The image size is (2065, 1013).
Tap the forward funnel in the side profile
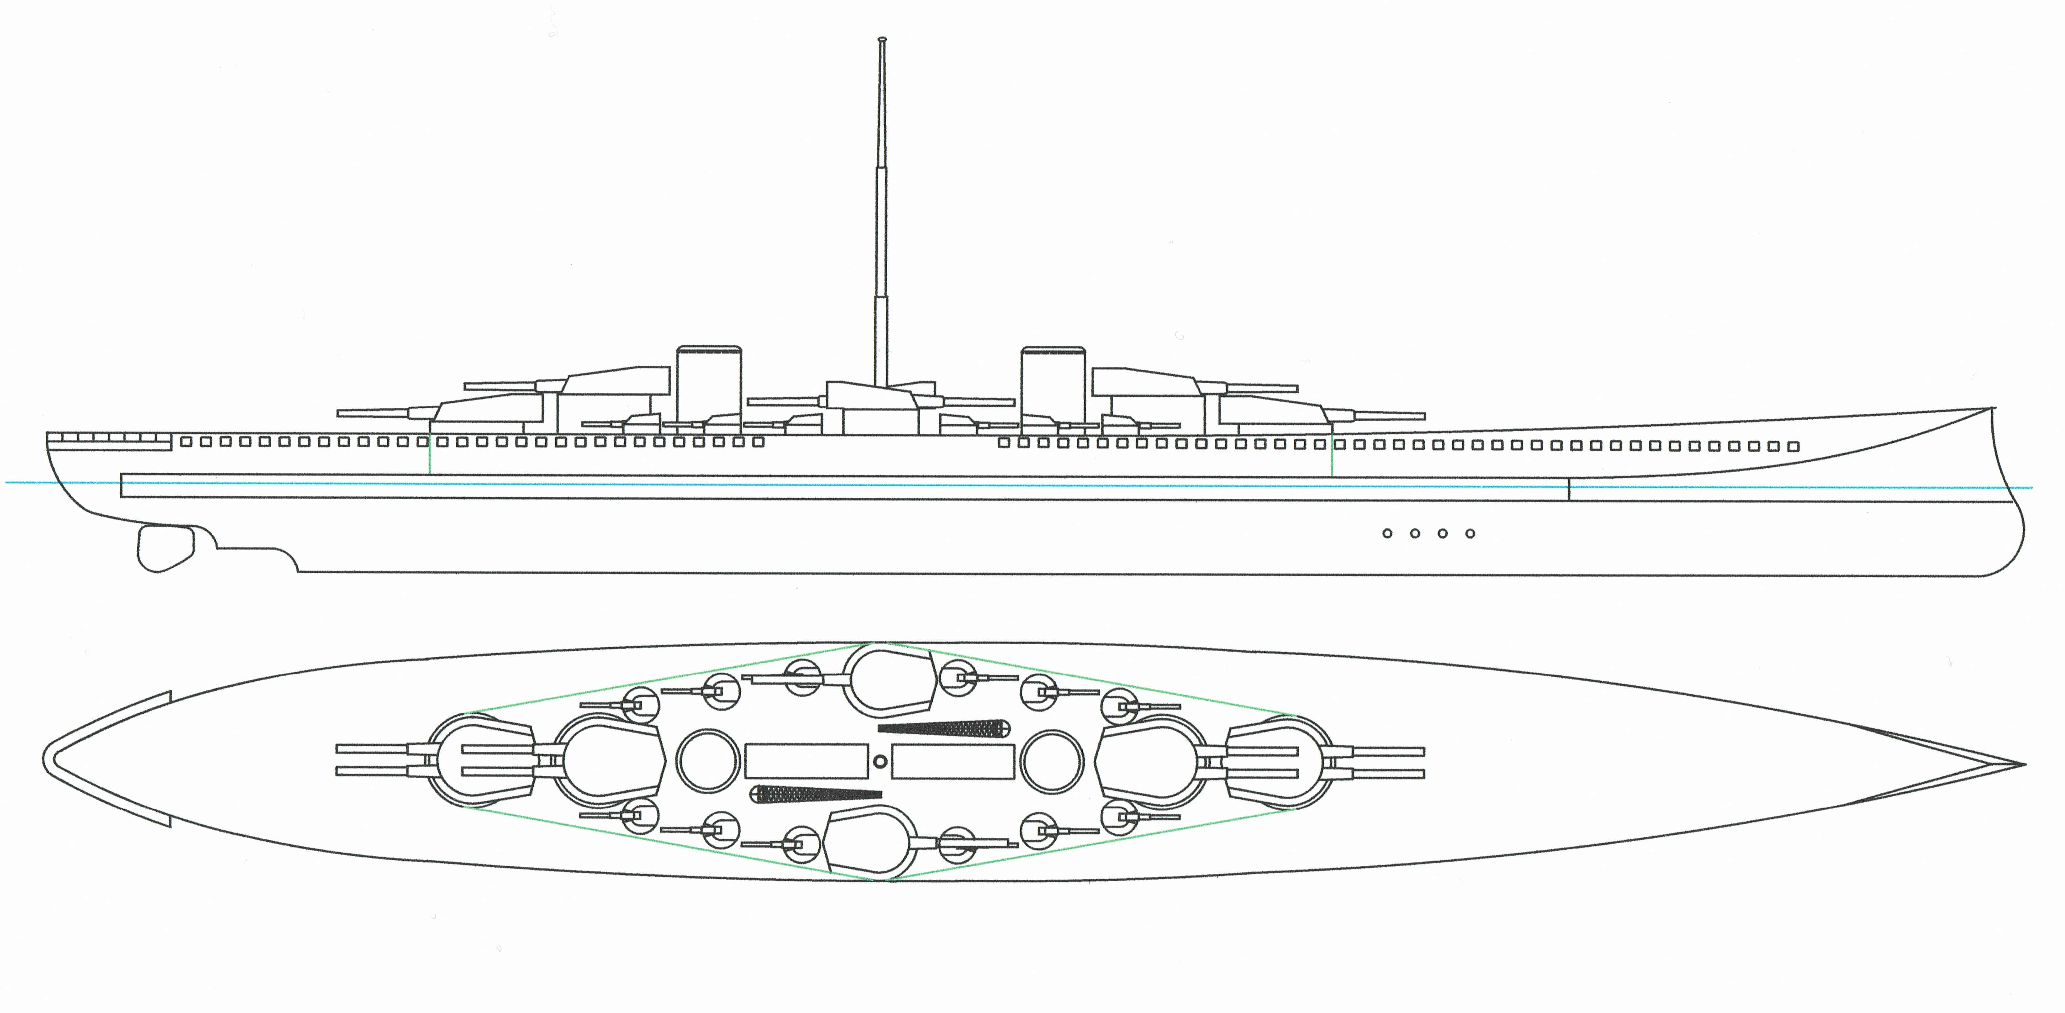point(1052,389)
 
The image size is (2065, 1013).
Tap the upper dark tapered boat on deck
point(946,728)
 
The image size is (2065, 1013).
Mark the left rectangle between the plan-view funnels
point(806,761)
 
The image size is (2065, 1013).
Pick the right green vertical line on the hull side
point(1331,457)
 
